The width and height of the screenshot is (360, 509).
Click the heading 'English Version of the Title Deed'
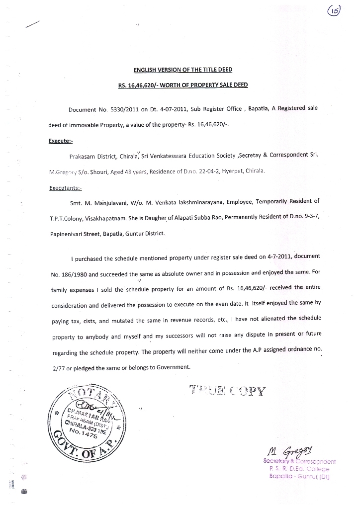pyautogui.click(x=180, y=70)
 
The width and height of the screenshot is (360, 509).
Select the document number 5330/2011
pyautogui.click(x=119, y=108)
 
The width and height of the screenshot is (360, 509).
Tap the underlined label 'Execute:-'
pyautogui.click(x=61, y=141)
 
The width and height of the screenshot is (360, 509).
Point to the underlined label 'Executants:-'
pyautogui.click(x=66, y=188)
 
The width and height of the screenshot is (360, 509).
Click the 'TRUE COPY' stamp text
pyautogui.click(x=228, y=390)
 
